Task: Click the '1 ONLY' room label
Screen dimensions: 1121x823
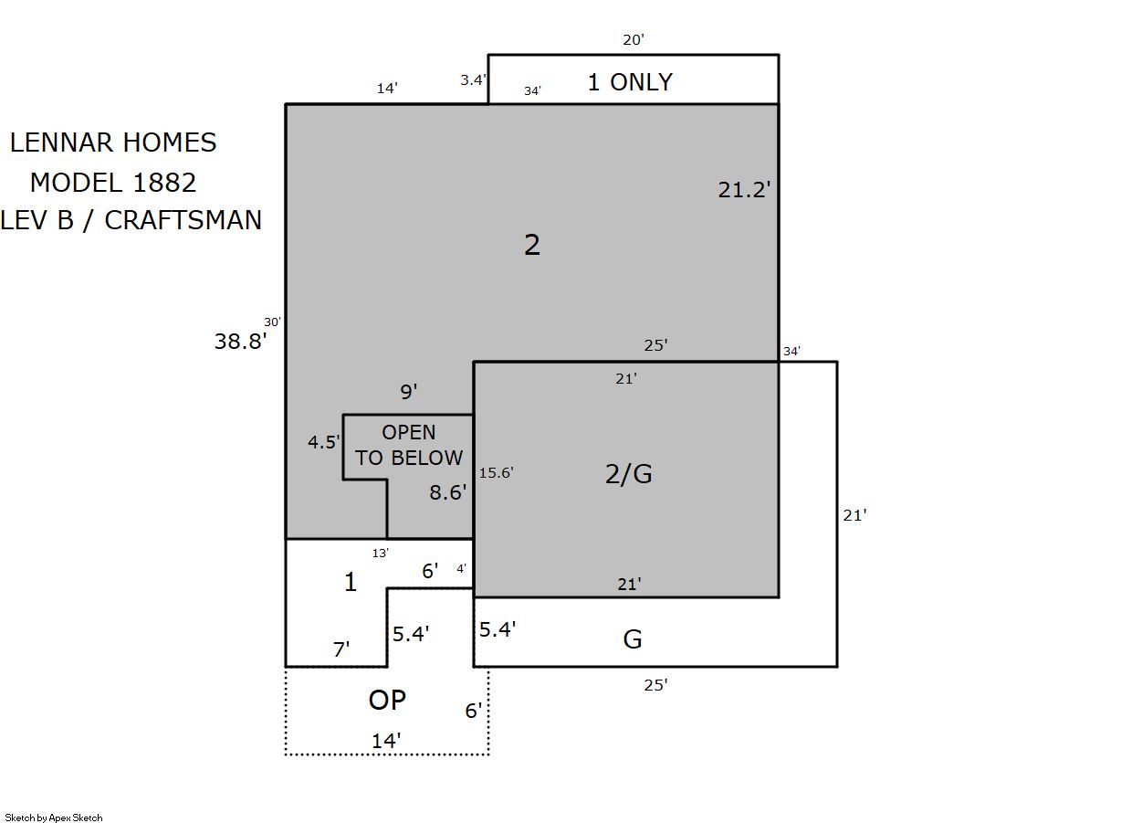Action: [x=630, y=82]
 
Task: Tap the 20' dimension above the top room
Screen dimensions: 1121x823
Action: [x=633, y=39]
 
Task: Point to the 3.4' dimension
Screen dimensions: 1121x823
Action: [x=473, y=79]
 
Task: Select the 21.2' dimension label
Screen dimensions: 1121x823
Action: [x=744, y=190]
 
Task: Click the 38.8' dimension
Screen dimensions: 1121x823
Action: [x=240, y=341]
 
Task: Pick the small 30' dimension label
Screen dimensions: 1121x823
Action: [x=272, y=322]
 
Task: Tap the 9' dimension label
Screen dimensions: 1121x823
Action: [x=409, y=391]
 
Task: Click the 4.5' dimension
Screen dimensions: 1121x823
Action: [x=324, y=441]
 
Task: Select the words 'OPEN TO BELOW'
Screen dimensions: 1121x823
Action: [x=409, y=445]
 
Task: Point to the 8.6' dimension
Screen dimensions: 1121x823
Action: [x=448, y=492]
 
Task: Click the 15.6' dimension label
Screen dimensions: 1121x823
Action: [x=496, y=472]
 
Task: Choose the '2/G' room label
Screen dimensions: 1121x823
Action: [x=629, y=473]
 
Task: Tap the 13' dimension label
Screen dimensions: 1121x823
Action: [x=381, y=554]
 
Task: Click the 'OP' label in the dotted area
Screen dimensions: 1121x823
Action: [x=387, y=700]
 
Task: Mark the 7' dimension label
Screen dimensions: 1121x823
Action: [x=341, y=649]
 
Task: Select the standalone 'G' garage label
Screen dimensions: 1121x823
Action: [x=633, y=639]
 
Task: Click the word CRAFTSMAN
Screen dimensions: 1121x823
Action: [x=183, y=220]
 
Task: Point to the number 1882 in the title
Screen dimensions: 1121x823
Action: [x=164, y=182]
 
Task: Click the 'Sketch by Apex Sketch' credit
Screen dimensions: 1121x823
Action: [x=54, y=818]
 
